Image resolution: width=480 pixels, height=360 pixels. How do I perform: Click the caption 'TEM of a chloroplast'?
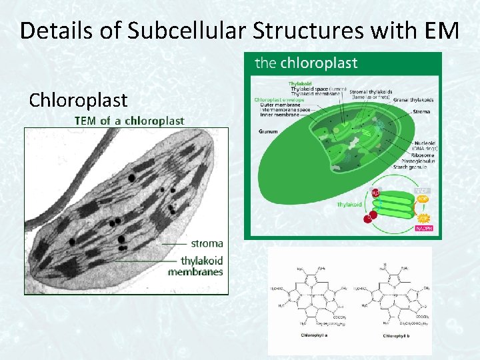coord(129,121)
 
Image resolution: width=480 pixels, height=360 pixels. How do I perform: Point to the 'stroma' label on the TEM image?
coord(207,243)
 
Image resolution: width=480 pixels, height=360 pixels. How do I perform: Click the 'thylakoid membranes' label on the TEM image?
coord(196,266)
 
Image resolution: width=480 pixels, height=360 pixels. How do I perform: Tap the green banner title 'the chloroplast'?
coord(307,63)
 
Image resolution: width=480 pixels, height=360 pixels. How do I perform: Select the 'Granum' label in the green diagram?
coord(268,131)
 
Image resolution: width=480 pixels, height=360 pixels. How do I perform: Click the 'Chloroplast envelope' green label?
coord(279,100)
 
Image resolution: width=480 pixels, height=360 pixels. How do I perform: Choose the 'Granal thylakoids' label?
coord(413,100)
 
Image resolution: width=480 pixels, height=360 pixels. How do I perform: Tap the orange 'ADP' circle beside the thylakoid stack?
coord(423,199)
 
